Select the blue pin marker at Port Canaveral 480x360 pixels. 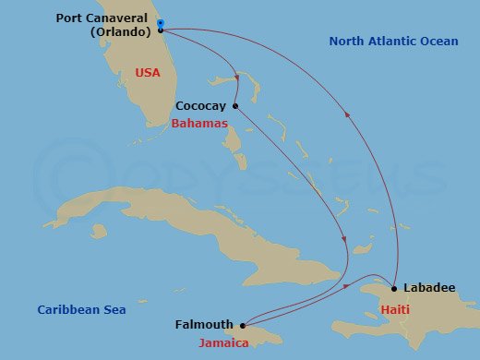161,23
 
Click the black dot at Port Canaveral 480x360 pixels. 161,30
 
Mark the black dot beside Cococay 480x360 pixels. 235,105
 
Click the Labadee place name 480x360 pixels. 429,288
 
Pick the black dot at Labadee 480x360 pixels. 395,289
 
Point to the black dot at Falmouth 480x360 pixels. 243,325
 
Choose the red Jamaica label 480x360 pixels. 224,343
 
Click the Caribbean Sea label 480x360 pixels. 81,310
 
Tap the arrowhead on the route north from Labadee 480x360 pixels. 347,115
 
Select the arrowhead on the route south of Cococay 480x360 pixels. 345,242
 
